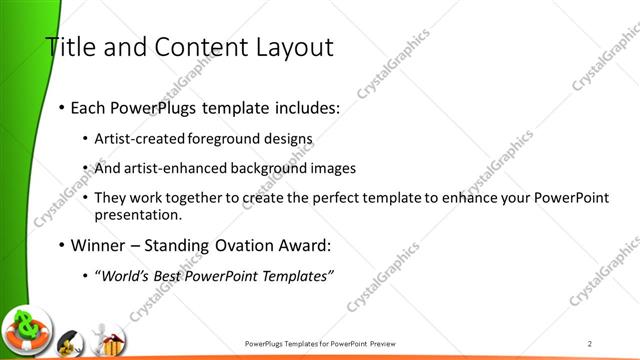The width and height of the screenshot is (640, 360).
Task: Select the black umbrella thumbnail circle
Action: click(x=69, y=342)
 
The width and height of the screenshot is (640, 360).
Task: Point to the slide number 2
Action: click(x=590, y=342)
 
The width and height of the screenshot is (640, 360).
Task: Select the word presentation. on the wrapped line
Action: click(x=138, y=213)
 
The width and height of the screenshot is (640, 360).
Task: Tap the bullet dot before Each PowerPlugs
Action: click(x=62, y=107)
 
